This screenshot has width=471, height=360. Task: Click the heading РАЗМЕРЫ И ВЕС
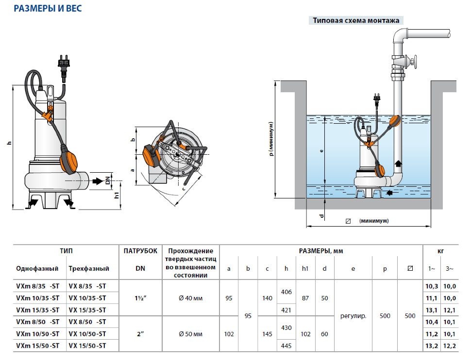click(48, 8)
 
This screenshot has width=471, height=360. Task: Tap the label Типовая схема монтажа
click(356, 20)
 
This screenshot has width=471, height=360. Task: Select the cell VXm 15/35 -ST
click(38, 310)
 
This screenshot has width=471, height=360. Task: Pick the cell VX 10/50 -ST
click(87, 334)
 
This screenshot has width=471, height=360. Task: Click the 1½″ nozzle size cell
click(140, 298)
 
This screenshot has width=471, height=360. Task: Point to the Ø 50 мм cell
click(190, 334)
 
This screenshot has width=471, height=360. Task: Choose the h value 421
click(286, 310)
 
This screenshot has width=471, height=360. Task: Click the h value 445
click(286, 345)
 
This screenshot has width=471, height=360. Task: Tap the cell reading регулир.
click(353, 316)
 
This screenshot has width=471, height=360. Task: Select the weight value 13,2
click(432, 346)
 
